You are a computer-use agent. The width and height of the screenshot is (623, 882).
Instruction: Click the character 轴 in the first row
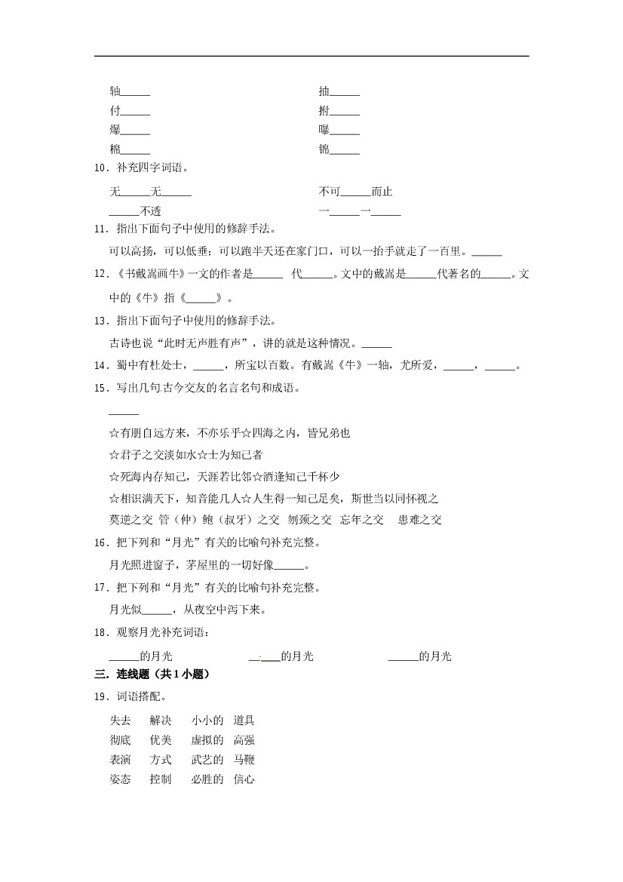[115, 92]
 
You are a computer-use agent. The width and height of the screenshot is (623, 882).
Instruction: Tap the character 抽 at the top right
[324, 92]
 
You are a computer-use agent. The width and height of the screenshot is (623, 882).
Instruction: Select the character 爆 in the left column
[115, 130]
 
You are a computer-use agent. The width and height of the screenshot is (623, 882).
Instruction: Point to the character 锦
[324, 149]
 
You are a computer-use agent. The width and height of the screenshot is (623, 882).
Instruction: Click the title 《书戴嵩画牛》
[148, 275]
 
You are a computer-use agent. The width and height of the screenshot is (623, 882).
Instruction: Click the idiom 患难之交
[420, 519]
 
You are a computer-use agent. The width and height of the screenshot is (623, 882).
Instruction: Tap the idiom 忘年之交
[362, 519]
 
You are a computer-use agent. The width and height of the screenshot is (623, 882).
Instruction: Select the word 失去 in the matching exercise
[120, 721]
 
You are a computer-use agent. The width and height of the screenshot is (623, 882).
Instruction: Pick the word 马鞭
[244, 760]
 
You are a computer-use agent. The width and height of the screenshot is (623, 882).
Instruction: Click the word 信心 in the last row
[244, 779]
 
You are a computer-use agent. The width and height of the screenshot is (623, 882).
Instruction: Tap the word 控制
[161, 779]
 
